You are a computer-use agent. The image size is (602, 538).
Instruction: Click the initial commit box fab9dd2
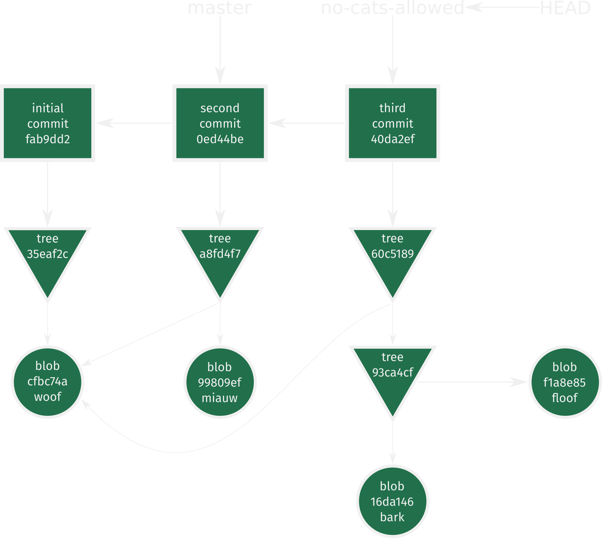48,123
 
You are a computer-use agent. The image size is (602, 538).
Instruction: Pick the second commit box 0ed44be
220,123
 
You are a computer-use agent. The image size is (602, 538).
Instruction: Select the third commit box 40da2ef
393,123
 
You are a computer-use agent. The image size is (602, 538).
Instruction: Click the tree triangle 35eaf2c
48,257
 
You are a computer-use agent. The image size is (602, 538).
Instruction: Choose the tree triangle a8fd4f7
220,257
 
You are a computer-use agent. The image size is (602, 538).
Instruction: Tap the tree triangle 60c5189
393,257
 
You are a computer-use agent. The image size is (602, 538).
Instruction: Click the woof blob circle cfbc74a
48,382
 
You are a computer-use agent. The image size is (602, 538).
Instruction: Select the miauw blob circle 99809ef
220,382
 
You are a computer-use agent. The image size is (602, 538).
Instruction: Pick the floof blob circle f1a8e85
565,382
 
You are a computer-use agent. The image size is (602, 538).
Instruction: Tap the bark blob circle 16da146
393,502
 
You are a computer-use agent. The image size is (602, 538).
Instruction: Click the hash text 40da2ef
393,139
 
